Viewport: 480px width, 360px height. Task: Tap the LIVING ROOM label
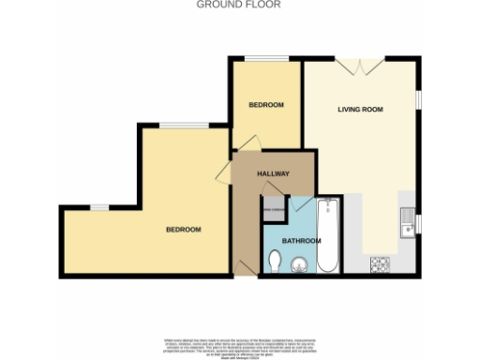(x=361, y=110)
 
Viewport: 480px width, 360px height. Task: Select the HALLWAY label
(x=273, y=175)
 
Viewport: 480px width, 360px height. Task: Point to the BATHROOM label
(x=302, y=241)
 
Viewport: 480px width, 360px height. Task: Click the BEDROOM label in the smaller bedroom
(x=265, y=104)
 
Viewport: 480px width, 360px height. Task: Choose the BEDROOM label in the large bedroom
(x=184, y=230)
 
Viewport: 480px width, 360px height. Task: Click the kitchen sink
(x=407, y=225)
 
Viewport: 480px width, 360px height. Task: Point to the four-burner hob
(x=381, y=262)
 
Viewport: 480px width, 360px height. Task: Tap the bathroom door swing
(x=302, y=204)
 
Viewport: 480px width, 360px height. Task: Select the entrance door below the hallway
(x=245, y=267)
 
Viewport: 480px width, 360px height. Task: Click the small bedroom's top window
(x=265, y=60)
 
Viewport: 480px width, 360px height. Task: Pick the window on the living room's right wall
(x=418, y=98)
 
